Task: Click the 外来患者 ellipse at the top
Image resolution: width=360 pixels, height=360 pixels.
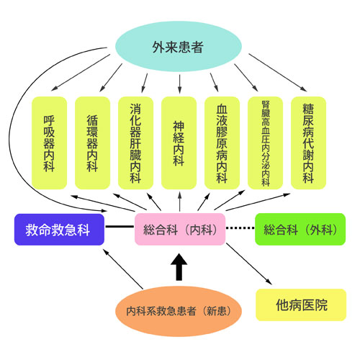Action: click(x=179, y=46)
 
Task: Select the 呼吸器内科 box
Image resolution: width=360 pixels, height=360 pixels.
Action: click(x=49, y=143)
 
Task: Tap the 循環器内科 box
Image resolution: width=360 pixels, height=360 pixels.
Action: click(x=92, y=143)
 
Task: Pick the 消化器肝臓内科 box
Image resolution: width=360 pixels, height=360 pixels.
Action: click(x=135, y=143)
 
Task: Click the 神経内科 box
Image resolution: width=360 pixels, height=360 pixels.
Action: click(x=179, y=143)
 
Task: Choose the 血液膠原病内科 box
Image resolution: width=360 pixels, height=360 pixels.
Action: click(x=222, y=143)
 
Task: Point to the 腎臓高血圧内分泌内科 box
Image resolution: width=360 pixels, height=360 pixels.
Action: click(x=265, y=143)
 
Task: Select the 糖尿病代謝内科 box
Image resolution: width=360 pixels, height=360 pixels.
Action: click(x=308, y=143)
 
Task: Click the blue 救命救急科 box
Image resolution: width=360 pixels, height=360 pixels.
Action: click(x=59, y=230)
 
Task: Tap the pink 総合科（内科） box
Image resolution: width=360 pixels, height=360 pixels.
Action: click(x=180, y=229)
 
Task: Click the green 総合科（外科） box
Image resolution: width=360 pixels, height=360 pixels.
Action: click(x=300, y=229)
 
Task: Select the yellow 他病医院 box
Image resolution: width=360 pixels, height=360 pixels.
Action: click(x=301, y=305)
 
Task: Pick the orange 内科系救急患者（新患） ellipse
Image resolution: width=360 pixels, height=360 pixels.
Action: click(x=179, y=311)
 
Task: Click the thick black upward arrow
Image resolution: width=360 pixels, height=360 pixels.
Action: click(x=179, y=267)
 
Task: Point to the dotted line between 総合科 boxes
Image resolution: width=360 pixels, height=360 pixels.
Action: click(x=240, y=228)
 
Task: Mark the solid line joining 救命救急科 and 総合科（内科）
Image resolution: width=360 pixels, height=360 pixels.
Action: click(x=120, y=226)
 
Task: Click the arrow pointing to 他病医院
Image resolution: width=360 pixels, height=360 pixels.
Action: click(x=249, y=264)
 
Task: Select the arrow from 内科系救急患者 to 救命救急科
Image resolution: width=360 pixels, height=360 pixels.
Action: click(x=123, y=269)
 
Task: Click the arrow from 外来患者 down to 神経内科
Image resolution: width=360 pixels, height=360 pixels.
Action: click(x=179, y=84)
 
